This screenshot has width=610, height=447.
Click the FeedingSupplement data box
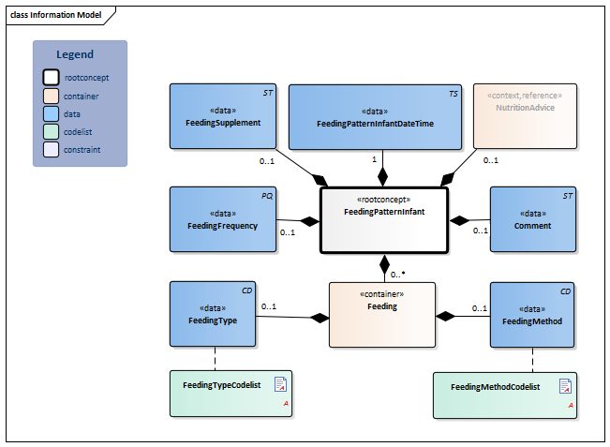tap(223, 116)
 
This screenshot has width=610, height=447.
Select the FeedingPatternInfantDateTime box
tap(375, 116)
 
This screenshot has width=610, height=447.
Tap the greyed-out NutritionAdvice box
tap(526, 116)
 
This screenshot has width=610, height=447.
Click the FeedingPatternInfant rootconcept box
tap(383, 219)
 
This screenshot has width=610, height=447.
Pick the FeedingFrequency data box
tap(223, 219)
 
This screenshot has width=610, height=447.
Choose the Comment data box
tap(532, 219)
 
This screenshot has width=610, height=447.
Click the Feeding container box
tap(381, 314)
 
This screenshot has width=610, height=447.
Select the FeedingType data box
tap(212, 314)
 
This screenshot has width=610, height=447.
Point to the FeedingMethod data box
tap(533, 314)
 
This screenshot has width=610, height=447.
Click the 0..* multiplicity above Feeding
tap(396, 274)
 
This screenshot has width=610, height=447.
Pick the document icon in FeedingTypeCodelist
tap(279, 383)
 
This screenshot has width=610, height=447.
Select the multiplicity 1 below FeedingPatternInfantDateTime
tap(374, 160)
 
